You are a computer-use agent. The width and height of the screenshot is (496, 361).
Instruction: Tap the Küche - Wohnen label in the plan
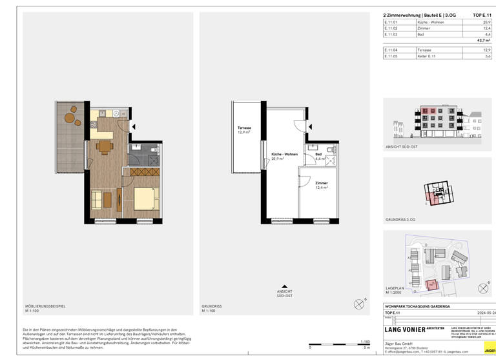click(x=284, y=155)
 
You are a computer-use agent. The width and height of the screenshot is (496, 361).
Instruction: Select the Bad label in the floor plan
click(x=318, y=155)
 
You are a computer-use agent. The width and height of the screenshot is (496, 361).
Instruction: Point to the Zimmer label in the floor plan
click(x=321, y=183)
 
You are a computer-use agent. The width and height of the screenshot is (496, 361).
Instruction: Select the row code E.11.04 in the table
click(x=389, y=50)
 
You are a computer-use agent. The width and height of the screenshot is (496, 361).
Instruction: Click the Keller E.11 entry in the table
click(x=426, y=56)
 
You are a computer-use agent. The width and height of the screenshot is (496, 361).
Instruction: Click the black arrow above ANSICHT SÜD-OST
click(x=284, y=286)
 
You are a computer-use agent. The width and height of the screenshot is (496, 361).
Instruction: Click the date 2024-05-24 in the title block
click(x=486, y=313)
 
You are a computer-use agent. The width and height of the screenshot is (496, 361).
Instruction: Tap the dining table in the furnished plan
click(x=105, y=146)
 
